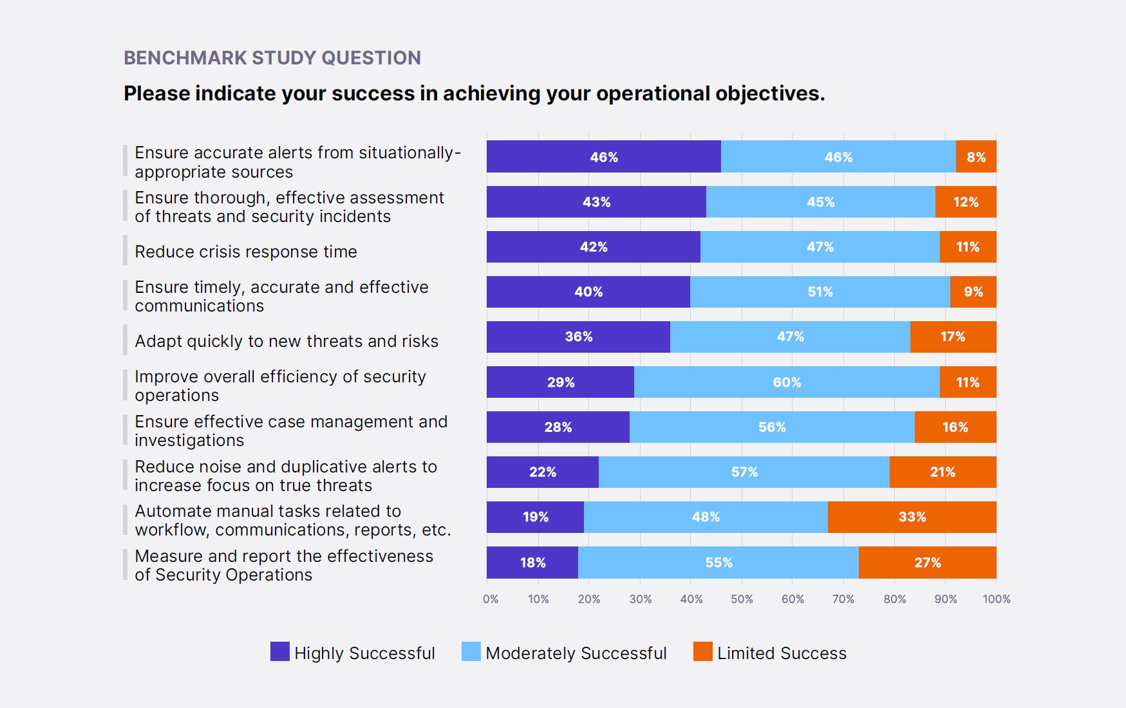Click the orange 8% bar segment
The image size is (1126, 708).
[976, 156]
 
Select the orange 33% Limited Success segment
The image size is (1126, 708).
[912, 517]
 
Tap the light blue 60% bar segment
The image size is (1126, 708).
[787, 382]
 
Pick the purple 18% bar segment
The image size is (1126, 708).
[532, 562]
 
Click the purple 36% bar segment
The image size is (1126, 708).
[578, 337]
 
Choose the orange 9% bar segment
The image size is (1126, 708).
[973, 292]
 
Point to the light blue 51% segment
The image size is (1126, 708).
[820, 292]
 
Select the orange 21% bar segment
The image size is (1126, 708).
[943, 472]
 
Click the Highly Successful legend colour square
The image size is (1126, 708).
[280, 651]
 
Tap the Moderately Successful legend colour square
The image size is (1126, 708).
[471, 651]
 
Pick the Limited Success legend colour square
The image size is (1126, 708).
[703, 651]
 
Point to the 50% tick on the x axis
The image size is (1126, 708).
[742, 599]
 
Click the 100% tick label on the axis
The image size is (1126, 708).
[996, 599]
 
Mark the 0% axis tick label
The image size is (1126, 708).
[491, 599]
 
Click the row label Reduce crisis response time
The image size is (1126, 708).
[246, 252]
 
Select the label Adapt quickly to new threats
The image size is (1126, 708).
[286, 341]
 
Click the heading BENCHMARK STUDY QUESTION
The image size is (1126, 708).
[272, 58]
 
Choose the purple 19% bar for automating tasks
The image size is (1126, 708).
[535, 517]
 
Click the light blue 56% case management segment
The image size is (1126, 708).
[772, 427]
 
